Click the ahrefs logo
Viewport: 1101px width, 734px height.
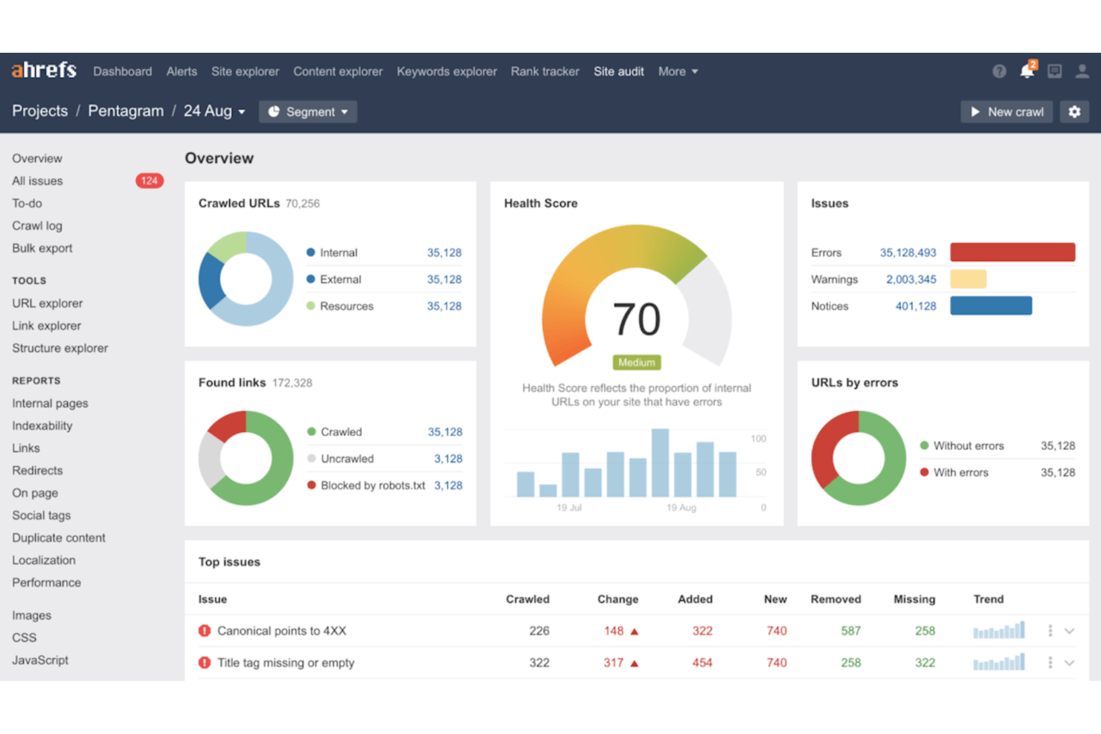click(x=44, y=71)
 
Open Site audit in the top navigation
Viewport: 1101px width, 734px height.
click(x=618, y=71)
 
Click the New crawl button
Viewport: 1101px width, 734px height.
click(x=1007, y=112)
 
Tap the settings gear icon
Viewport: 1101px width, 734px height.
click(x=1074, y=112)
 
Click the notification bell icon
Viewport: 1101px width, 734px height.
click(x=1027, y=71)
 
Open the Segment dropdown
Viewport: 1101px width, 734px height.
click(x=308, y=112)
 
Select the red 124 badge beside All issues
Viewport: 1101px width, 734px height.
click(x=149, y=181)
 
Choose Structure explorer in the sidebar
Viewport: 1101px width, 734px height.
click(x=60, y=348)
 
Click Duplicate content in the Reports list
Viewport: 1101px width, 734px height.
click(x=59, y=538)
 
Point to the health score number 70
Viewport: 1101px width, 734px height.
click(x=636, y=320)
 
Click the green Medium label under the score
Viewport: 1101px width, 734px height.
click(x=636, y=362)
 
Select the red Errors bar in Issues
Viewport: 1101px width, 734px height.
click(x=1012, y=252)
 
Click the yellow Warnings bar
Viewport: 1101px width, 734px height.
click(x=968, y=279)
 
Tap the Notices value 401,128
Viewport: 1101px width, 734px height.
click(x=915, y=306)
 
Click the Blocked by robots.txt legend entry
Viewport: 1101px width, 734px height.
click(x=373, y=486)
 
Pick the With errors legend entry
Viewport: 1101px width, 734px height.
click(x=960, y=472)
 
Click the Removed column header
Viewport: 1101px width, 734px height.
click(x=835, y=599)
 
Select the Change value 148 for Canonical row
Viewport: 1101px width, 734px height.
click(x=614, y=631)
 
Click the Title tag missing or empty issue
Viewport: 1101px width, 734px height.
click(x=286, y=663)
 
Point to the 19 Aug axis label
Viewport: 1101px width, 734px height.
click(x=681, y=507)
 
